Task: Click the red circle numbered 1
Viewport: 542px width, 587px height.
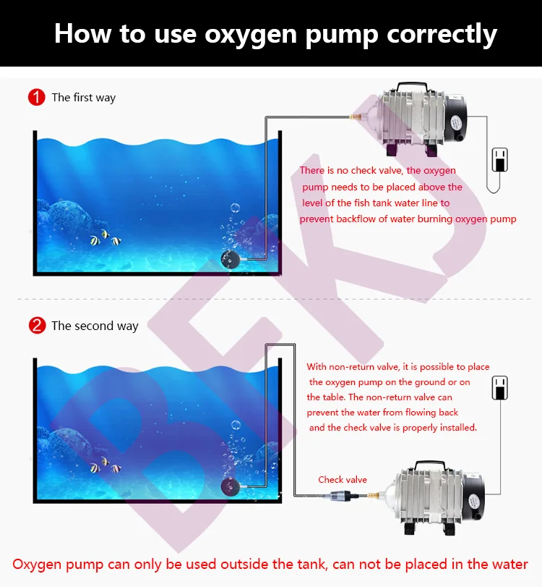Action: pyautogui.click(x=36, y=97)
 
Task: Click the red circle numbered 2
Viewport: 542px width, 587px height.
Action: pyautogui.click(x=36, y=326)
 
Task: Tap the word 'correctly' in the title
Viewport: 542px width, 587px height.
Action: pyautogui.click(x=440, y=34)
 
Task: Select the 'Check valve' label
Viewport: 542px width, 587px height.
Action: pyautogui.click(x=343, y=479)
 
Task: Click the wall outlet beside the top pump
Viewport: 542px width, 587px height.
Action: pyautogui.click(x=499, y=159)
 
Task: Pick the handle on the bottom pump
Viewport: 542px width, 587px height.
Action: pyautogui.click(x=436, y=465)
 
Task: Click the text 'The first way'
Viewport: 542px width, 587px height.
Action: pyautogui.click(x=83, y=98)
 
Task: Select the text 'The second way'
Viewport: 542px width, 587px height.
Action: pyautogui.click(x=94, y=326)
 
